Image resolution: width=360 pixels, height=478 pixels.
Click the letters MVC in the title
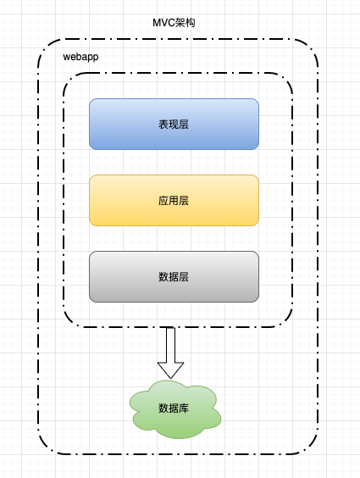(x=163, y=23)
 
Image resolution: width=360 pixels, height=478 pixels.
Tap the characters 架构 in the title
(x=186, y=23)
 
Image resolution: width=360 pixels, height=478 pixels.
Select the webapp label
(x=80, y=57)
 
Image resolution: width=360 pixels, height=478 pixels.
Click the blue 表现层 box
(x=174, y=124)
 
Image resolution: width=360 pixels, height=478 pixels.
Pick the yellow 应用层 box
(x=174, y=200)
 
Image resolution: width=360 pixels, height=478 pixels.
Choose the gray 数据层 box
(x=174, y=276)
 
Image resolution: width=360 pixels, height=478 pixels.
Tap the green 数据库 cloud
(x=174, y=409)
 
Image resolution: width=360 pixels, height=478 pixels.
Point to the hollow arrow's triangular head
(x=170, y=370)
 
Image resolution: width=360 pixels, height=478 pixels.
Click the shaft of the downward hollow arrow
(x=170, y=345)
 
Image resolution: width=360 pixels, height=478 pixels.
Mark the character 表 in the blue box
(x=163, y=125)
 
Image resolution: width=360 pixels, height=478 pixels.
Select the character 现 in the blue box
(x=174, y=125)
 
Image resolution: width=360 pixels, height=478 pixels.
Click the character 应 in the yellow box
(x=163, y=201)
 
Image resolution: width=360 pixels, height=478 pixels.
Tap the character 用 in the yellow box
(x=174, y=201)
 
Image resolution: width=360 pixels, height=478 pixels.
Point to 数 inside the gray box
(x=163, y=277)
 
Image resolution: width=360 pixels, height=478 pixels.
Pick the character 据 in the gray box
(x=174, y=277)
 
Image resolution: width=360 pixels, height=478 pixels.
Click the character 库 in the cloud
(x=184, y=409)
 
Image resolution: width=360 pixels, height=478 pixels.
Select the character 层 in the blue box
(x=184, y=125)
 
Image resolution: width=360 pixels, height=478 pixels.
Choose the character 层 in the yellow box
(x=184, y=201)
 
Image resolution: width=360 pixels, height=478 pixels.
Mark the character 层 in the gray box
(x=184, y=277)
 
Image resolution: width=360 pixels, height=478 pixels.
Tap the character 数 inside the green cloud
(x=163, y=409)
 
